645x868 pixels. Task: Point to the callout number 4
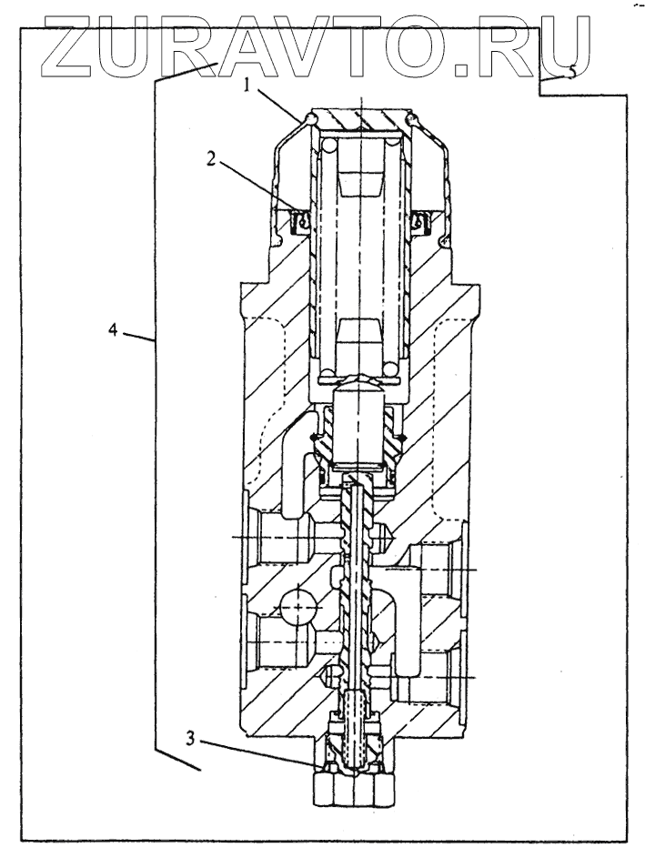click(114, 330)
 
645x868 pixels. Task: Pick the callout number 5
click(569, 74)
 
